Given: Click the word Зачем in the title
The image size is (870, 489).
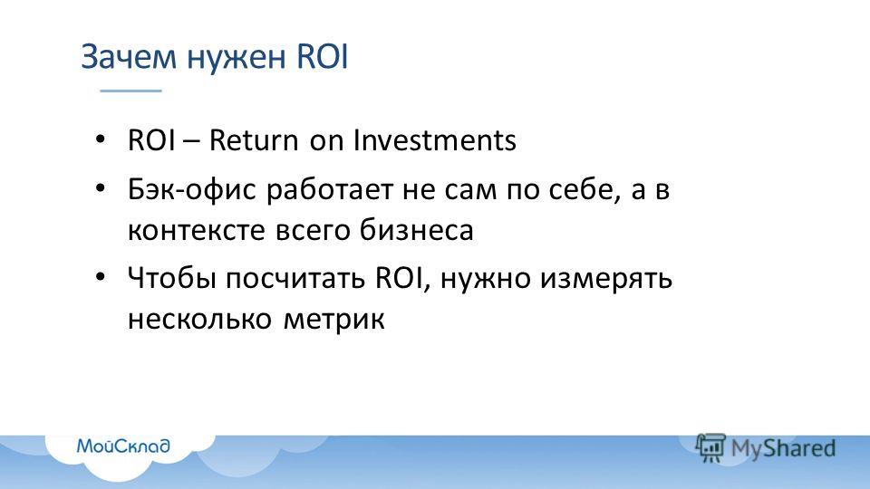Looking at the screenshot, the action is (129, 56).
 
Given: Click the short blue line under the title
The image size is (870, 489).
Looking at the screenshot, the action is (130, 91).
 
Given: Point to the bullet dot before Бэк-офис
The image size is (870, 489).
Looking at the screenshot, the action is (100, 188).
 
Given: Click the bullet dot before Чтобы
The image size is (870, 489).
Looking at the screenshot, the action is (100, 276).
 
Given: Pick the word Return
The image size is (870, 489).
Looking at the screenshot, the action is (254, 139).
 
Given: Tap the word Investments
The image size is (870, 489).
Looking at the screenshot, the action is (435, 139).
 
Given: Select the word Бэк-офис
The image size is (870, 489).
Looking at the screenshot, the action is (192, 189).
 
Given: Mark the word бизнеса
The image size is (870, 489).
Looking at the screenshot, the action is (417, 229).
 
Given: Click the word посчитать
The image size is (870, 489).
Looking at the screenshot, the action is (295, 277).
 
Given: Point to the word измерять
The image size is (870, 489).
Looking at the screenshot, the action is (606, 278).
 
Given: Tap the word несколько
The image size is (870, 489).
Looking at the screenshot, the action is (199, 319).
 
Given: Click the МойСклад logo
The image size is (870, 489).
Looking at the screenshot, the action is (123, 446).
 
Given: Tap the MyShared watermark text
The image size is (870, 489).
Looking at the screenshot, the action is (783, 448).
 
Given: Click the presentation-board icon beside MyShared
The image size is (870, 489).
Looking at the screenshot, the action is (710, 446).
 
